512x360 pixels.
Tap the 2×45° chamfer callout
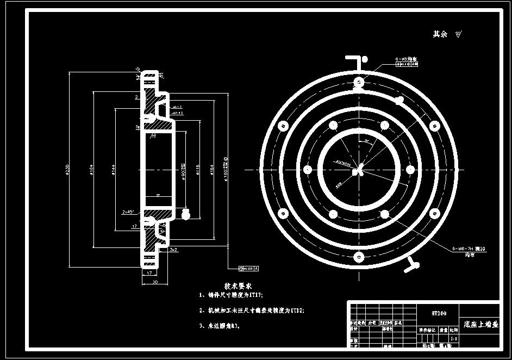(x=129, y=211)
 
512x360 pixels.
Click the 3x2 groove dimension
(x=173, y=250)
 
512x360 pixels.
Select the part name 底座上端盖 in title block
(x=479, y=324)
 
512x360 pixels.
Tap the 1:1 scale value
(x=453, y=338)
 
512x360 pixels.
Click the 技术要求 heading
(x=238, y=285)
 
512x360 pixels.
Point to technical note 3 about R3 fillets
(x=220, y=326)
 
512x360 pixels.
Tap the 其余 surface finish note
(x=440, y=34)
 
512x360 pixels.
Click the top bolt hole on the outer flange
(x=358, y=82)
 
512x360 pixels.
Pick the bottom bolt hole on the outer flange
(x=358, y=256)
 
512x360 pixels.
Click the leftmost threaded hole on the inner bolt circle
(x=308, y=169)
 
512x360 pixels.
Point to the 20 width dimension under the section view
(x=155, y=283)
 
